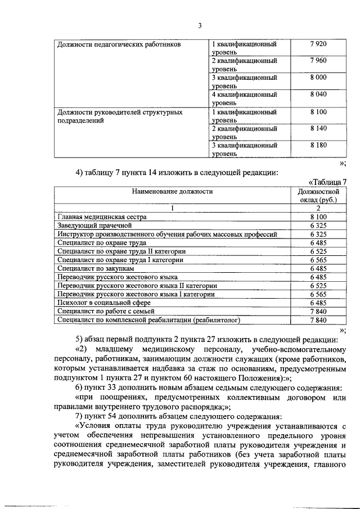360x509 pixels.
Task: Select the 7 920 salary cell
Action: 318,44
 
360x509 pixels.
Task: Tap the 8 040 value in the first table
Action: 318,94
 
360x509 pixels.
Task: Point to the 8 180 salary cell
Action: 318,145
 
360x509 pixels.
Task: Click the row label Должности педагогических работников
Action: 119,44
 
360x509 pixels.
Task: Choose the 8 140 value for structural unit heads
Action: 318,128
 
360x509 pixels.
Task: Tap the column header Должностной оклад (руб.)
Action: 318,196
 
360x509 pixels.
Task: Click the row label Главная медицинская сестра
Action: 102,217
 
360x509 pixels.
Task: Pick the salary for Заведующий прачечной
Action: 318,225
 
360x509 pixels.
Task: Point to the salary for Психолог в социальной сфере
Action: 318,303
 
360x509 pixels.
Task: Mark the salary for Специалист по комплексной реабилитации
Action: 318,320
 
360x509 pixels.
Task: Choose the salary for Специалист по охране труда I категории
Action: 318,260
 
